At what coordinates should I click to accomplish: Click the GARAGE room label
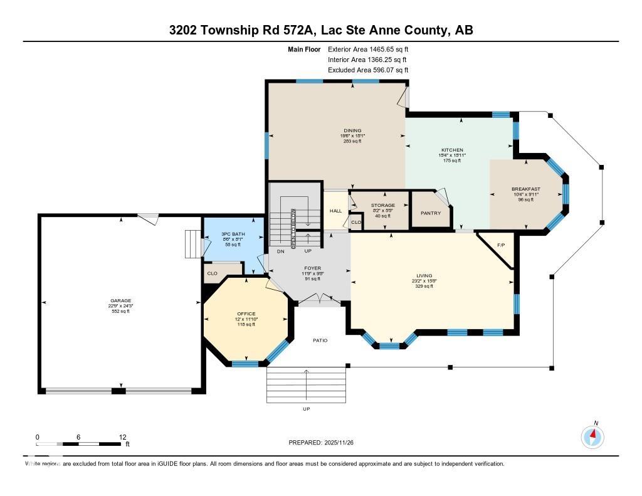(121, 300)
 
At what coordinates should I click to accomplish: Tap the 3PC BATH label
(233, 234)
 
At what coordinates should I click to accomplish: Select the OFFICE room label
(246, 313)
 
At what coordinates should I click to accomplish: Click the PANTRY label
(430, 213)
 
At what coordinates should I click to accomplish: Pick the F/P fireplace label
(500, 245)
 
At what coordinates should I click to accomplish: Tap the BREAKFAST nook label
(525, 189)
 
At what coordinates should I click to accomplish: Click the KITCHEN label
(452, 150)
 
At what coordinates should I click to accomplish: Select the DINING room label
(352, 130)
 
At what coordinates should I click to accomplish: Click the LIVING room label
(424, 275)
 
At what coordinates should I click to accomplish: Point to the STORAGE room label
(382, 206)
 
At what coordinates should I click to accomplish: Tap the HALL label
(335, 211)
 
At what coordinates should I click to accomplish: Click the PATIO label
(320, 340)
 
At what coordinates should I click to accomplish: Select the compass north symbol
(592, 436)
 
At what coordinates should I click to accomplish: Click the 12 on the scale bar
(123, 437)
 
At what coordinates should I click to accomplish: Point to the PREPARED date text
(325, 443)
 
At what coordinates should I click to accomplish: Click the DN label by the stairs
(280, 251)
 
